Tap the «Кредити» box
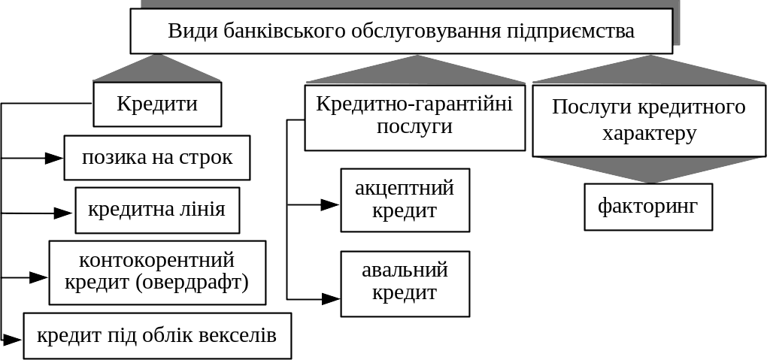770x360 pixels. point(157,104)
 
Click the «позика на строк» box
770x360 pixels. point(157,158)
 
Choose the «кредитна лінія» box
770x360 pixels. point(157,210)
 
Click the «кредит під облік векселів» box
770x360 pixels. point(157,336)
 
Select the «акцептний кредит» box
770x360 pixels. point(405,200)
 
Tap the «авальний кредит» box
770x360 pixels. point(405,283)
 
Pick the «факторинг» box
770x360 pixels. point(648,207)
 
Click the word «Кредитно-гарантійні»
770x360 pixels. point(414,104)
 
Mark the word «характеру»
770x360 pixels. point(649,134)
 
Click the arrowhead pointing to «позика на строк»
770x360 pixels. point(54,158)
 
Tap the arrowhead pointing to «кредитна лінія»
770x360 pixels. point(63,213)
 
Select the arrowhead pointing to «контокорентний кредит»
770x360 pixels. point(38,277)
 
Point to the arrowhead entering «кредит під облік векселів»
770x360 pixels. point(12,339)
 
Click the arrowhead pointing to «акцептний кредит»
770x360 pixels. point(330,205)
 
